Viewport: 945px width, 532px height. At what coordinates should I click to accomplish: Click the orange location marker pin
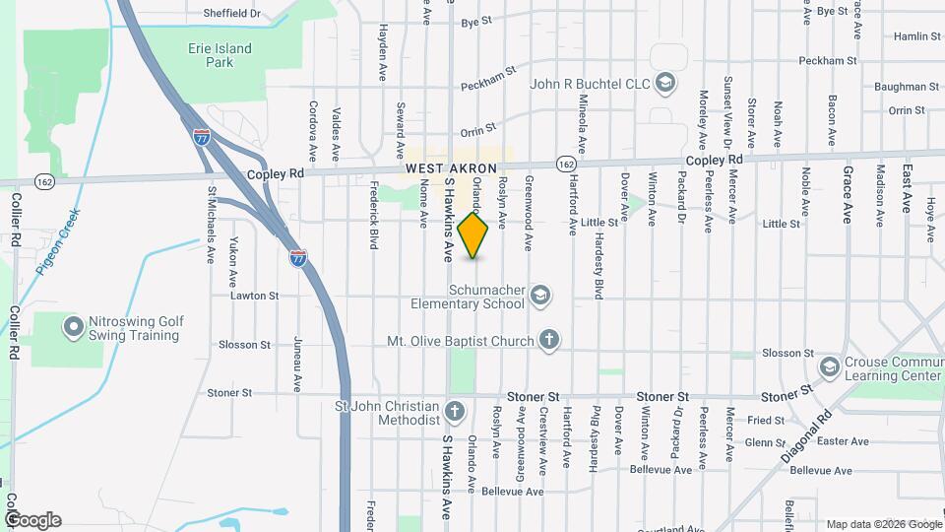[x=473, y=233]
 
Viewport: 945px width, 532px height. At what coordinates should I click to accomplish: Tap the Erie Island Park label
[x=220, y=55]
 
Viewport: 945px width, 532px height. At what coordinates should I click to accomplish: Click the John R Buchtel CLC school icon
[x=666, y=83]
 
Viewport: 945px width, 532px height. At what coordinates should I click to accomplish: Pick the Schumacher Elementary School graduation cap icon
[x=539, y=295]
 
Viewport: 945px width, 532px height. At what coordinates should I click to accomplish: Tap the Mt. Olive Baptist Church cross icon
[x=550, y=341]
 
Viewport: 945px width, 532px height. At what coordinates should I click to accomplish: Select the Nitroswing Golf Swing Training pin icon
[x=73, y=327]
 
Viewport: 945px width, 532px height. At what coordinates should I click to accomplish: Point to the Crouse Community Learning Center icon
[x=829, y=367]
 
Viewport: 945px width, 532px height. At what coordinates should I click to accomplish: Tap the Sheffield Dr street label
[x=231, y=14]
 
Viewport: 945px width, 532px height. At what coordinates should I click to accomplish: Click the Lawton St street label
[x=255, y=296]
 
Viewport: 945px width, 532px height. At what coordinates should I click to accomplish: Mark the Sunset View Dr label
[x=728, y=110]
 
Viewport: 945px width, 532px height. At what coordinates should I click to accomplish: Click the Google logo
[x=32, y=520]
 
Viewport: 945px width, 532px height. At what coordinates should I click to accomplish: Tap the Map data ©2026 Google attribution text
[x=883, y=524]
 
